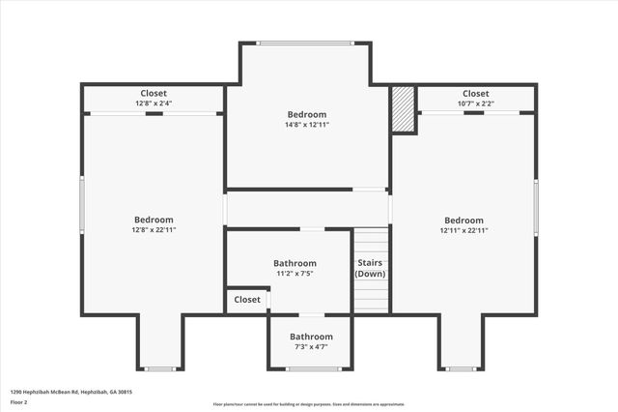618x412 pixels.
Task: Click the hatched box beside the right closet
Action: pyautogui.click(x=403, y=109)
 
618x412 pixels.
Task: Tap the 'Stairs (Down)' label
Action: pyautogui.click(x=370, y=268)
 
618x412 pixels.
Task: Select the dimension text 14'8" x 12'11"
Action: pyautogui.click(x=307, y=126)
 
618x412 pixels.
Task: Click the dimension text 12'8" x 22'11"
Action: pyautogui.click(x=154, y=230)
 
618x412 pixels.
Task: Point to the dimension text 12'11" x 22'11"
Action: pyautogui.click(x=463, y=231)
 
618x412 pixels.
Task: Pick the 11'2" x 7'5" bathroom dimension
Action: pyautogui.click(x=295, y=274)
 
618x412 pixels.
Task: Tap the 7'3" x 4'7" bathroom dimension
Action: pyautogui.click(x=310, y=346)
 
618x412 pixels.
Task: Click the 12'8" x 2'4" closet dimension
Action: pyautogui.click(x=154, y=103)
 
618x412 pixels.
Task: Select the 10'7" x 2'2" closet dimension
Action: pyautogui.click(x=476, y=103)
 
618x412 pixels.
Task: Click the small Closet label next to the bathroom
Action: pyautogui.click(x=247, y=300)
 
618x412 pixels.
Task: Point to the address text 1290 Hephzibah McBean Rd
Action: pyautogui.click(x=70, y=392)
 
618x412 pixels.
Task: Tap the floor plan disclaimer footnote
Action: pyautogui.click(x=309, y=404)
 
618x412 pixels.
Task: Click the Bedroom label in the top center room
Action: pyautogui.click(x=307, y=115)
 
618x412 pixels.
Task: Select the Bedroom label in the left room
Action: pyautogui.click(x=154, y=220)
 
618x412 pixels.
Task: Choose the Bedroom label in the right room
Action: pyautogui.click(x=463, y=221)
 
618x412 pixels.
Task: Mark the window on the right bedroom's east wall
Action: pyautogui.click(x=536, y=206)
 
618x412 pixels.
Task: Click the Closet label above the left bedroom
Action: pyautogui.click(x=154, y=94)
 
